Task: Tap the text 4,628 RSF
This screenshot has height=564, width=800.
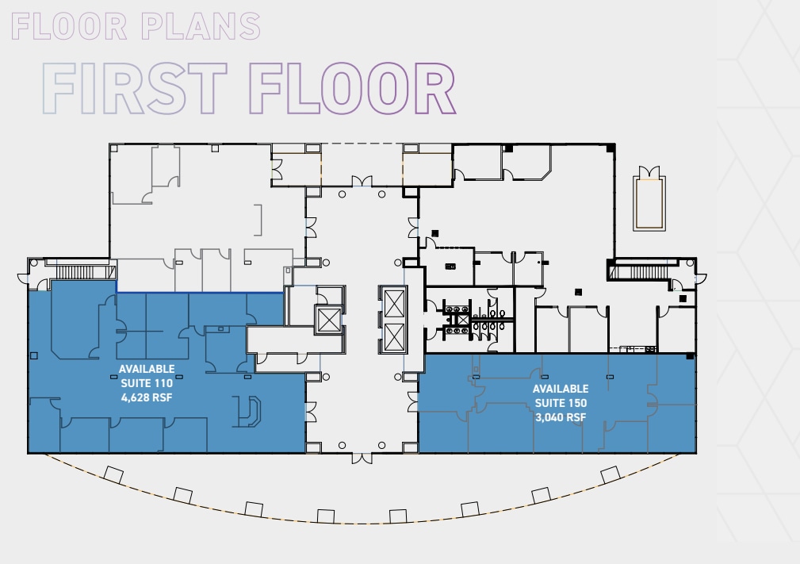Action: [x=146, y=397]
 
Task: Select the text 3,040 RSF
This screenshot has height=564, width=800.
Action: [x=560, y=417]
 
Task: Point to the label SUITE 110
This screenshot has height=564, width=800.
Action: [x=146, y=383]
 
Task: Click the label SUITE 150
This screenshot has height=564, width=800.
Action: [x=560, y=403]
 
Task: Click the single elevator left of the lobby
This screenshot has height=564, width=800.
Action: [x=327, y=320]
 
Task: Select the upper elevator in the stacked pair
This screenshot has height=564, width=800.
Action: [x=393, y=301]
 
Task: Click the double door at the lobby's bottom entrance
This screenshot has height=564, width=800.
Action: [x=362, y=458]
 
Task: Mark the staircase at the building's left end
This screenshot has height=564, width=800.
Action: [x=75, y=272]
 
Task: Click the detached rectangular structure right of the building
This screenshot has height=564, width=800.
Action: [x=649, y=199]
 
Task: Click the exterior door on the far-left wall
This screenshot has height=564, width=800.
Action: [x=23, y=277]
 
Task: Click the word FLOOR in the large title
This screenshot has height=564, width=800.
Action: [x=351, y=89]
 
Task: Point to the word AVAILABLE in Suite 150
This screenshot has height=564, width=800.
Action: [x=560, y=389]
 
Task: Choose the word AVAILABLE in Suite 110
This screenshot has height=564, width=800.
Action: [x=146, y=369]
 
